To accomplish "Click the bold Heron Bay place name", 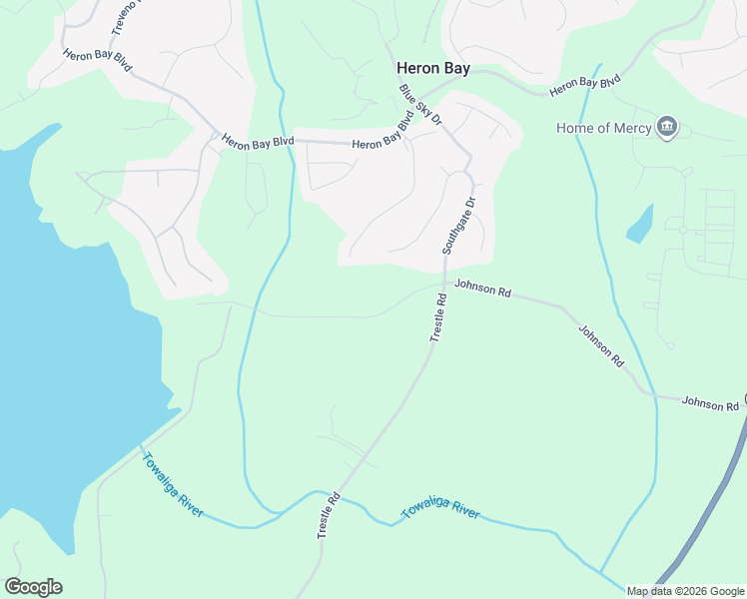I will pos(433,69).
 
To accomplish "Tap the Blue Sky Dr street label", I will pos(420,105).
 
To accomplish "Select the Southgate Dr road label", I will pos(458,224).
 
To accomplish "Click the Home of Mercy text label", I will pos(603,128).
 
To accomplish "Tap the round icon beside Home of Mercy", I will pos(667,128).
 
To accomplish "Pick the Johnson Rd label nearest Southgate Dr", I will pos(482,290).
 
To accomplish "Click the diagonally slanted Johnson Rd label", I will pos(600,344).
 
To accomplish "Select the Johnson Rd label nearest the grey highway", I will pos(710,403).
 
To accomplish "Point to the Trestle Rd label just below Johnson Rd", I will pos(437,318).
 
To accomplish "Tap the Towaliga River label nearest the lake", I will pos(173,485).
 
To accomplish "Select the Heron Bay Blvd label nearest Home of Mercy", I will pos(584,86).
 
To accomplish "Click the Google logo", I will pos(33,587).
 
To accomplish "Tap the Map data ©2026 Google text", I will pos(684,591).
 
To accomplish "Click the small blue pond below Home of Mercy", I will pos(639,226).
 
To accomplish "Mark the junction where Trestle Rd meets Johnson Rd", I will pos(442,286).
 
